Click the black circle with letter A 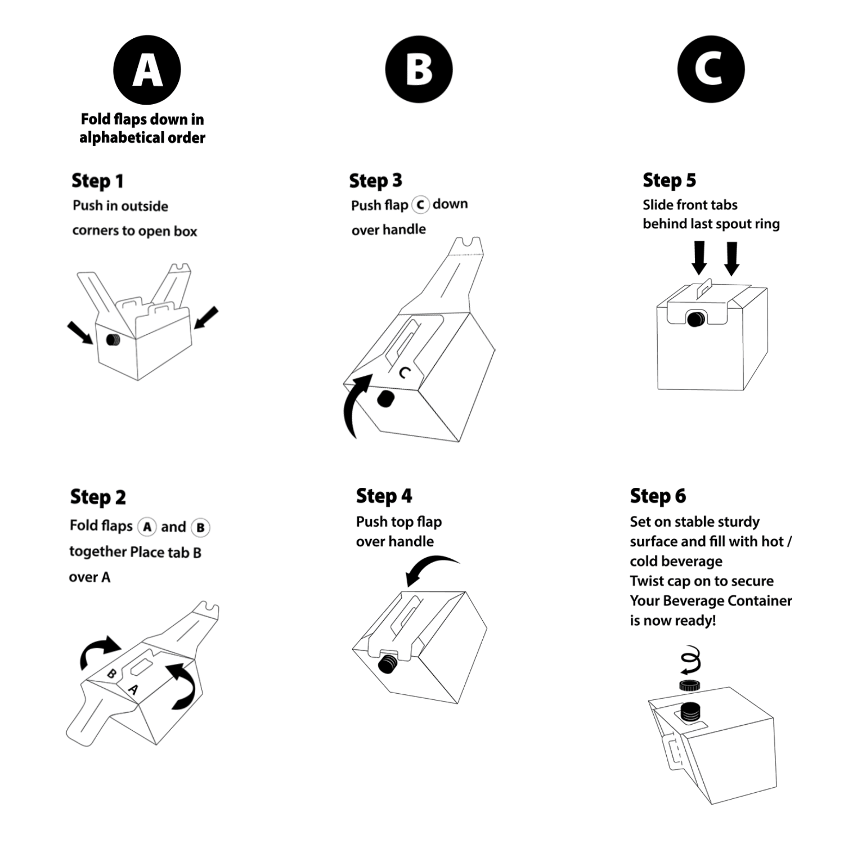147,70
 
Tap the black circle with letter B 419,70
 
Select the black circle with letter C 711,70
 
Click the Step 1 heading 97,181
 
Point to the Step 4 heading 384,496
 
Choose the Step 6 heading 658,496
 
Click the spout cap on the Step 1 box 113,340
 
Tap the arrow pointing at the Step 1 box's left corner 80,332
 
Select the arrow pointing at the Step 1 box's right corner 205,317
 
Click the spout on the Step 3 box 385,399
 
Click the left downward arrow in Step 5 699,258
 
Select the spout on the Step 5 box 696,319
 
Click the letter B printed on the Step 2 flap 112,674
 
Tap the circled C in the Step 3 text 420,205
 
